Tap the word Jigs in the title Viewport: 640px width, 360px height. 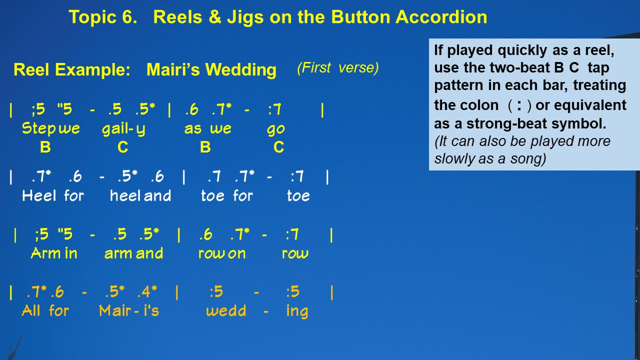coord(245,17)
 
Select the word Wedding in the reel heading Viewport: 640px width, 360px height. coord(241,70)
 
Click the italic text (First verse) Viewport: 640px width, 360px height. coord(338,68)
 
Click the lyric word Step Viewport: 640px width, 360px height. coord(39,128)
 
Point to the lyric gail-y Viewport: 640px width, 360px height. coord(123,128)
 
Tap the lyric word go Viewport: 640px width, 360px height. coord(275,129)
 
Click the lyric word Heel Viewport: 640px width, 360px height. coord(39,195)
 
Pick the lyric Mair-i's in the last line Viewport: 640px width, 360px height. coord(129,310)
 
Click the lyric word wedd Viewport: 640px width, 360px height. coord(226,310)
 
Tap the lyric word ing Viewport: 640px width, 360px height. coord(297,311)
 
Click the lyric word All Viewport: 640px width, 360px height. coord(31,310)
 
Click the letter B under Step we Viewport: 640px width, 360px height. coord(45,147)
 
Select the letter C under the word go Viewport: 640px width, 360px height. coord(279,147)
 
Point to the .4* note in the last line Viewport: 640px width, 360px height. coord(147,291)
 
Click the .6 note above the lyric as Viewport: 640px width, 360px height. coord(191,109)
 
